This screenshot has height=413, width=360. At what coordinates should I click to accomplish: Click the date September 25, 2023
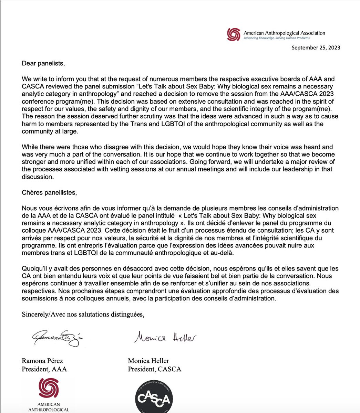(316, 47)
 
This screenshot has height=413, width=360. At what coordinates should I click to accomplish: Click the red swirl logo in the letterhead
(234, 34)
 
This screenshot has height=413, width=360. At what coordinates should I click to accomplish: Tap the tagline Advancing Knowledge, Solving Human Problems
(277, 38)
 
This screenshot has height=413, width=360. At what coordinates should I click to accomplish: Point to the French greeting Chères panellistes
(49, 192)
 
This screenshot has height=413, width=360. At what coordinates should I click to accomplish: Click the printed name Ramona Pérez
(42, 361)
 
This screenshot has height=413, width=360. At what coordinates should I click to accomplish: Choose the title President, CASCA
(154, 369)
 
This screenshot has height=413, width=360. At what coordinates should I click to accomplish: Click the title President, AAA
(44, 369)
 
